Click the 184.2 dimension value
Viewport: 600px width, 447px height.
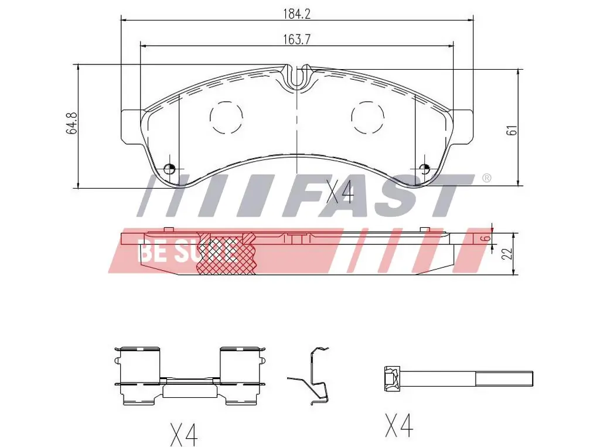tap(296, 14)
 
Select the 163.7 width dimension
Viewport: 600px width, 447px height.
tap(296, 39)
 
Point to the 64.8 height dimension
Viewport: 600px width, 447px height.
tap(72, 123)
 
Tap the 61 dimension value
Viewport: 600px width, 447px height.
tap(512, 130)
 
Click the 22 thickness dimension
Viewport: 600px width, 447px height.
tap(507, 253)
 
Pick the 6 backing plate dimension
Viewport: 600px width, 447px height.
tap(486, 238)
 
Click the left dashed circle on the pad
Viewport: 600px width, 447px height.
tap(226, 118)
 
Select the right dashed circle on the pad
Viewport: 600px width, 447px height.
tap(367, 118)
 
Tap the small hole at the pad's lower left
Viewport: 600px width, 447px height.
tap(169, 168)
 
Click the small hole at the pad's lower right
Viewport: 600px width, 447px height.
tap(424, 168)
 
